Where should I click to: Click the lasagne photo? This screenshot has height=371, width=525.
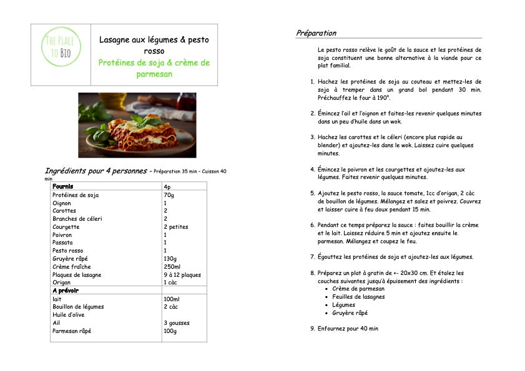point(137,125)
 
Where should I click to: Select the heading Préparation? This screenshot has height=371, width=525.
point(316,33)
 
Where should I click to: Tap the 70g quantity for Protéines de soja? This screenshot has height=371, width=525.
point(169,195)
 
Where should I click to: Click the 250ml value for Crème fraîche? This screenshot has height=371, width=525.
point(172,267)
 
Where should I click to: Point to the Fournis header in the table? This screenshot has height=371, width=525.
point(63,186)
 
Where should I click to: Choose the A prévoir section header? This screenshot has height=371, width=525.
point(66,291)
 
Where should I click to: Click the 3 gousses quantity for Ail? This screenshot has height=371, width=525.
point(177,323)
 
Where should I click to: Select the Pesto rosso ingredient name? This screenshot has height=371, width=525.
point(68,251)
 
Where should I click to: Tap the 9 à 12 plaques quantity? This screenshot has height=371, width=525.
point(182,275)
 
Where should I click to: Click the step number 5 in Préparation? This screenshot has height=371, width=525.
point(313,193)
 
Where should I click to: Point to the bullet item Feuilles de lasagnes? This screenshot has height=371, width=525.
point(358,297)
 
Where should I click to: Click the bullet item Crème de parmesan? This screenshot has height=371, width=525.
point(358,289)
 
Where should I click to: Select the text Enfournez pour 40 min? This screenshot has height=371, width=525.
point(348,329)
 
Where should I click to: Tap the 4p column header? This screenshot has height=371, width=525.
point(167,187)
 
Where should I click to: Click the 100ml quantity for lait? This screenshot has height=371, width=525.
point(172,299)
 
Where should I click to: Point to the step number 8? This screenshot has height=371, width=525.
point(313,273)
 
